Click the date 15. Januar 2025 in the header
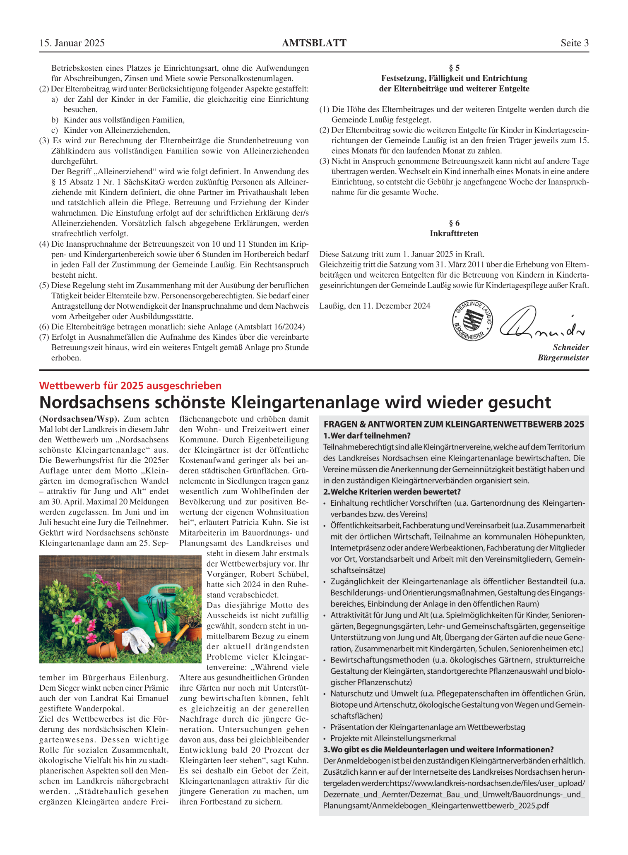(72, 43)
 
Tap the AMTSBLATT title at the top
(314, 43)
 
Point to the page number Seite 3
(575, 43)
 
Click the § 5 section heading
(454, 68)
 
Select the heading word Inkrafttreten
(454, 233)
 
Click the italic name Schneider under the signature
(571, 348)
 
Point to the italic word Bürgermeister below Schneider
(563, 358)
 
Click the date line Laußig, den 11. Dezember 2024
(375, 306)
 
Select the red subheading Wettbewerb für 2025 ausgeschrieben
(130, 386)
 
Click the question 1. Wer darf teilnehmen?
(367, 436)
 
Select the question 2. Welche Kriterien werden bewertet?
(392, 492)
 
